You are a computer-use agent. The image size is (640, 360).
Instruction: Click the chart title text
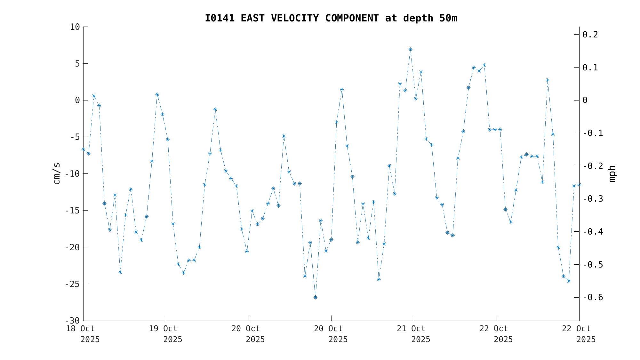331,19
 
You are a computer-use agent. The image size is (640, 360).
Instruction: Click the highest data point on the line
410,50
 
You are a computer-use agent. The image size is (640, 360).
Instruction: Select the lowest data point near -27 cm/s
315,297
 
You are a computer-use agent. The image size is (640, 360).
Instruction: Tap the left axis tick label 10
75,27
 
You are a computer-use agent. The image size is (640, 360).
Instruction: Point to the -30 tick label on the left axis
72,321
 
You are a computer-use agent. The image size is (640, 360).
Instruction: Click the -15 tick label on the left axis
72,211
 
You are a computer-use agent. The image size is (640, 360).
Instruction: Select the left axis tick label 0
77,100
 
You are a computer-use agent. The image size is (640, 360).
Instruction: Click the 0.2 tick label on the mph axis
590,35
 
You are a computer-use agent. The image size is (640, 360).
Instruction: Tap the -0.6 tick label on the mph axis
593,298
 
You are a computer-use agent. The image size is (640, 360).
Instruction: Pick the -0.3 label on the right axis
593,199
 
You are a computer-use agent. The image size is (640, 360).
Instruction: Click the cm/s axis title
57,173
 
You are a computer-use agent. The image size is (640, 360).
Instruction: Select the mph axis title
612,173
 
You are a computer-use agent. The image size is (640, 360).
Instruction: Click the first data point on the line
83,149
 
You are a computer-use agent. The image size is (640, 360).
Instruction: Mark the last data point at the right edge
579,185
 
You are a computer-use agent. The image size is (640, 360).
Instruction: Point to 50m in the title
448,19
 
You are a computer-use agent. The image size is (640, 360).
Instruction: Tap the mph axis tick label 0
585,100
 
